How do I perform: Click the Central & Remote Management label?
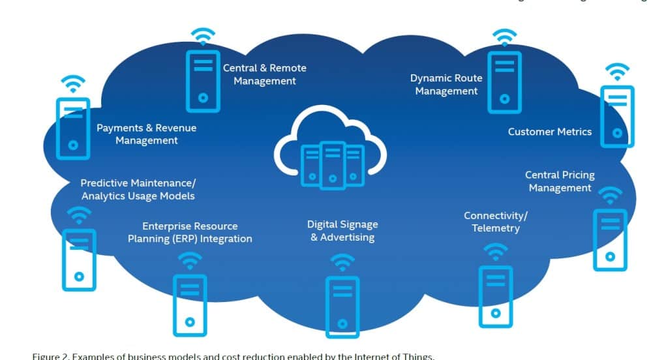coord(264,74)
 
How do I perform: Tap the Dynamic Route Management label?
coord(446,85)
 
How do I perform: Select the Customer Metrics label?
coord(550,132)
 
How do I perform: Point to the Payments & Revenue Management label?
coord(146,134)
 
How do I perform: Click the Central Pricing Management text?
coord(560,181)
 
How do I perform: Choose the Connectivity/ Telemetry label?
coord(496,222)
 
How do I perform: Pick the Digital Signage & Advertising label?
coord(342,230)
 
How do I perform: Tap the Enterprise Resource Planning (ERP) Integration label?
coord(190,232)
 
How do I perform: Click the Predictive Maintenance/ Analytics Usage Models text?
coord(138,189)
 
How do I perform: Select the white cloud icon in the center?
coord(330,147)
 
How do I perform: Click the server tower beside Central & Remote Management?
coord(203,81)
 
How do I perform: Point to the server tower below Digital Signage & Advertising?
coord(342,307)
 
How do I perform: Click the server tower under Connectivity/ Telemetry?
coord(495,296)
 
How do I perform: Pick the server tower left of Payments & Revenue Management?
coord(72,127)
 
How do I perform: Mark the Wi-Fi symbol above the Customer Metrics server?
coord(616,72)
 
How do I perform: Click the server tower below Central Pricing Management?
coord(609,239)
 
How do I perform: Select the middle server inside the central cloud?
coord(332,164)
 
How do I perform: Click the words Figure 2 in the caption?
coord(50,356)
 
